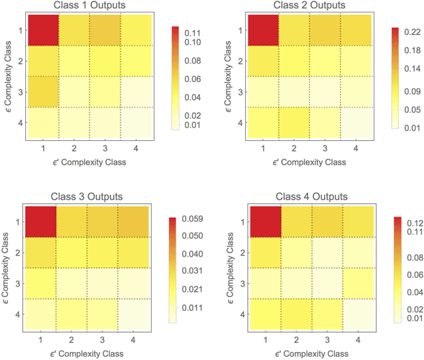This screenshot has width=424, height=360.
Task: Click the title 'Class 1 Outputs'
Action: pyautogui.click(x=89, y=7)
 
